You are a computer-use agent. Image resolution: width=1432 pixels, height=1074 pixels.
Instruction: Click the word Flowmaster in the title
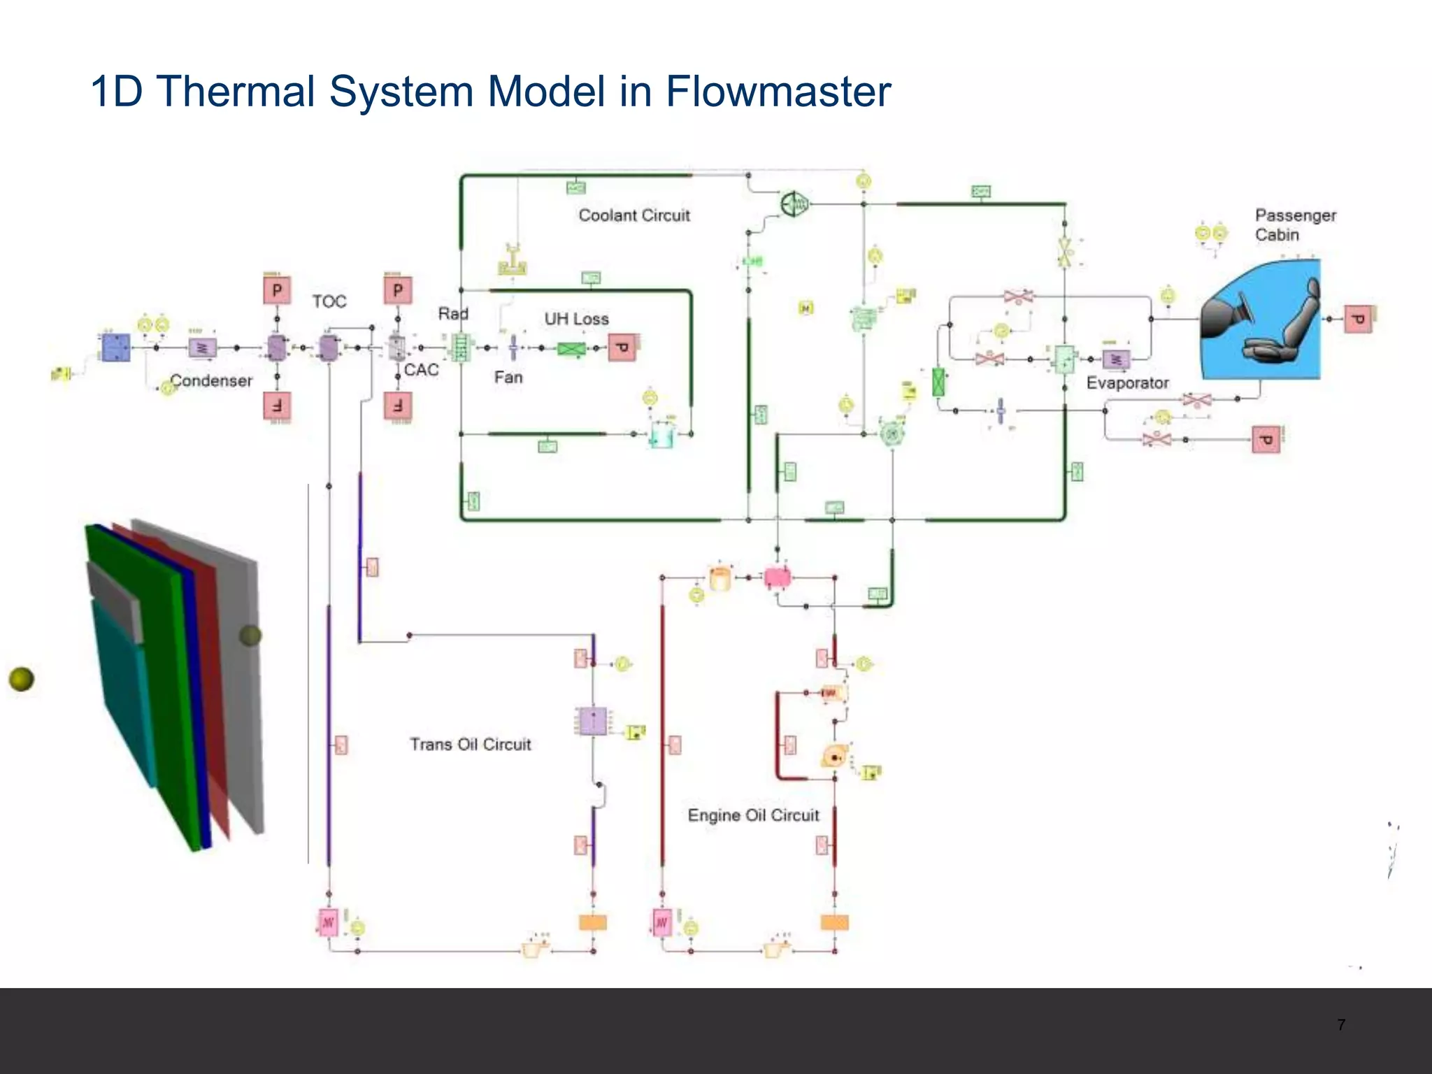[778, 92]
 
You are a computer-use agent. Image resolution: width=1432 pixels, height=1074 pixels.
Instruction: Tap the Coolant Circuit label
[633, 215]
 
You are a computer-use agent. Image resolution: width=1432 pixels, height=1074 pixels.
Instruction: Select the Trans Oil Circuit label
[470, 744]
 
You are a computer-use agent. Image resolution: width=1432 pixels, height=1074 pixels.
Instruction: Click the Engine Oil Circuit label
[753, 815]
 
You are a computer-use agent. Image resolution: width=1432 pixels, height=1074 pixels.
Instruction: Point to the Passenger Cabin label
[1294, 224]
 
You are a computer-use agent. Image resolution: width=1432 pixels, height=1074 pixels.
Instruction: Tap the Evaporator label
[1127, 383]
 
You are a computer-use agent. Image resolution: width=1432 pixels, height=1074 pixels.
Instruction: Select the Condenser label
[211, 381]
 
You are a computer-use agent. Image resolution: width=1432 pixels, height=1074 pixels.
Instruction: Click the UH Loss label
[576, 319]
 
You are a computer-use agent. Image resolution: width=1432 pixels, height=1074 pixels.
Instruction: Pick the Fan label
[508, 378]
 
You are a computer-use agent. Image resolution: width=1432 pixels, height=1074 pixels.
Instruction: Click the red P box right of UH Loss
[622, 348]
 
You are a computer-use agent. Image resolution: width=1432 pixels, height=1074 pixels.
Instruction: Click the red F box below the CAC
[398, 406]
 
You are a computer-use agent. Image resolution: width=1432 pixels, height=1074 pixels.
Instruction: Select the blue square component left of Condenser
[115, 348]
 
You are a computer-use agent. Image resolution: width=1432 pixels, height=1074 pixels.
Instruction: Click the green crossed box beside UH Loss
[571, 348]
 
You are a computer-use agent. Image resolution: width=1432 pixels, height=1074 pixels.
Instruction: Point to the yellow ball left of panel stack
[21, 678]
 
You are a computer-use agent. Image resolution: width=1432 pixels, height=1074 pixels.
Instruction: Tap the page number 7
[1340, 1025]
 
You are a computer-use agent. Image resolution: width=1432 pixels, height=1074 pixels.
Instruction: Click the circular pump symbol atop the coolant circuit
[794, 204]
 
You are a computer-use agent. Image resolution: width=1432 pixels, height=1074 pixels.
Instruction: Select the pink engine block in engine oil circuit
[777, 578]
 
